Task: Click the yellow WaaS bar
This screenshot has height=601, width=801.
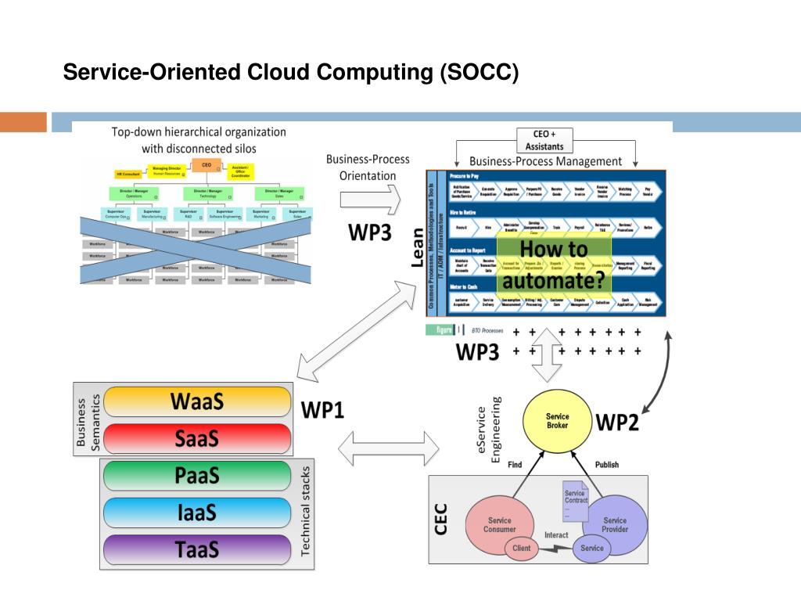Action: pos(196,401)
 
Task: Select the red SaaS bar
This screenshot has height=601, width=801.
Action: pos(196,439)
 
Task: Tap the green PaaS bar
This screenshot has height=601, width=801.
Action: pos(196,476)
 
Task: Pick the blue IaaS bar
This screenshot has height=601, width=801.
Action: pos(196,513)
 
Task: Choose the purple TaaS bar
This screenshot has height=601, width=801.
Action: pos(196,549)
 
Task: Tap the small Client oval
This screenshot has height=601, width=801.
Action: pos(522,548)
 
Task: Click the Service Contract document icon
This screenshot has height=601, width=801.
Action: pos(575,501)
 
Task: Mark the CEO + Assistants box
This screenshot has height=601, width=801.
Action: pos(544,140)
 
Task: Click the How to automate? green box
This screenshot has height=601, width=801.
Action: pos(556,265)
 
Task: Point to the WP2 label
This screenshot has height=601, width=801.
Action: pos(617,423)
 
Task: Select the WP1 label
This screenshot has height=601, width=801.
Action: pos(322,409)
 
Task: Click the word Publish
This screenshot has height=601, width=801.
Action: pos(606,465)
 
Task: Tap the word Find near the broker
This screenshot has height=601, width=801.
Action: pos(515,465)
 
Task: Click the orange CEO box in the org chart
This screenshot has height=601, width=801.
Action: pos(207,165)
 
